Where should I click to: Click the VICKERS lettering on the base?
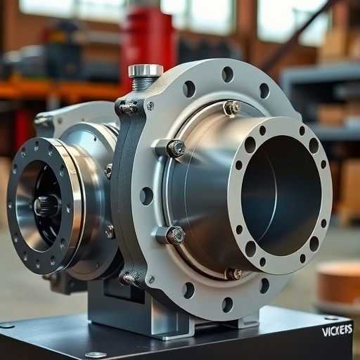click(337, 330)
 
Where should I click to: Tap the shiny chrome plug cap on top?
click(146, 70)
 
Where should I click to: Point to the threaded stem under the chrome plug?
click(143, 84)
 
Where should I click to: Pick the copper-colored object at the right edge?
click(338, 283)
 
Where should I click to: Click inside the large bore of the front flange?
click(279, 195)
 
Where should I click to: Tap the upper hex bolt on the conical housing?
click(176, 148)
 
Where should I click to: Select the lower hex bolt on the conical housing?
click(176, 235)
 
